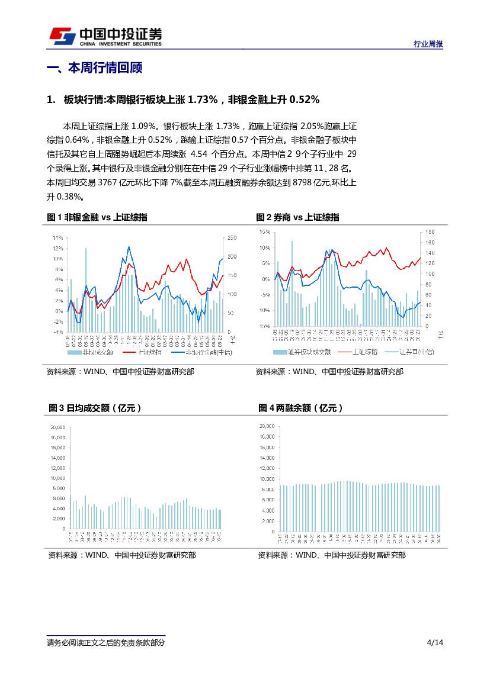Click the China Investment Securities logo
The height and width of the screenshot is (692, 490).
pos(105,36)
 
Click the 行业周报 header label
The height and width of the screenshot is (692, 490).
pos(428,44)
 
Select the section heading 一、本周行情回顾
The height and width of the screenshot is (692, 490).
pos(94,67)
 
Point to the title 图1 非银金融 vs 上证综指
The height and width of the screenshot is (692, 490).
pos(97,217)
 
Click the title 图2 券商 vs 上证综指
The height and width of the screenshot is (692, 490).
pos(297,217)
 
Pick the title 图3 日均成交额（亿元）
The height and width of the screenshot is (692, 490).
pos(95,408)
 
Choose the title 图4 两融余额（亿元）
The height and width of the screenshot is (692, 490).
pos(300,408)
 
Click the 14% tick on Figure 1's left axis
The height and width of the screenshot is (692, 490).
pos(58,237)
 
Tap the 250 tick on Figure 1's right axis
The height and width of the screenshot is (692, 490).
pos(232,237)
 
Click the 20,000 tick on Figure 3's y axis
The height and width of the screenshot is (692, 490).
pos(57,427)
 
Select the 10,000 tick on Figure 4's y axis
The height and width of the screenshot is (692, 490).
pos(267,479)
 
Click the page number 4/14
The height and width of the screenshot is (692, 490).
pos(434,643)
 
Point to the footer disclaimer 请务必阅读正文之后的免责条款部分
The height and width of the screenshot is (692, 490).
pos(106,643)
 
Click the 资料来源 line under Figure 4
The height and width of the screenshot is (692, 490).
pos(331,555)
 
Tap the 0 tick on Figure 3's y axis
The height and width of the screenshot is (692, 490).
pos(63,528)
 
